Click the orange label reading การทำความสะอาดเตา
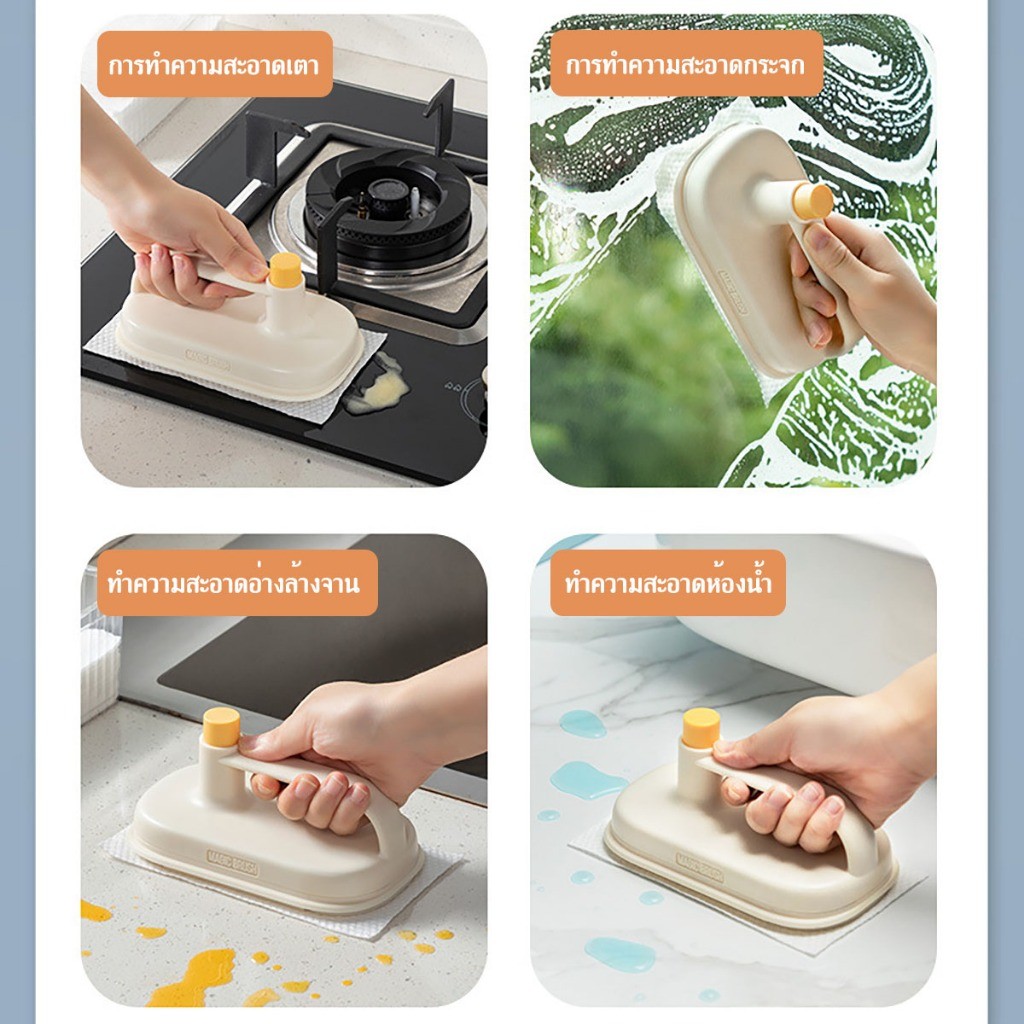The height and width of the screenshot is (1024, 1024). (215, 64)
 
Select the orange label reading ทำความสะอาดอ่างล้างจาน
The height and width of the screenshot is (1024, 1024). (237, 583)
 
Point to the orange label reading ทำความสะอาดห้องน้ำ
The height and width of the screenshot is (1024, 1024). (667, 583)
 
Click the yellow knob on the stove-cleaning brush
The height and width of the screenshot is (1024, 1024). (285, 270)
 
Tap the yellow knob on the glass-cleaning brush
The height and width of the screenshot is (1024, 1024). (812, 201)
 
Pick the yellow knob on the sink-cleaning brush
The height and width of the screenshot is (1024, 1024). (221, 727)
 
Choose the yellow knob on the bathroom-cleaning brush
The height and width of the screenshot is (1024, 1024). (701, 728)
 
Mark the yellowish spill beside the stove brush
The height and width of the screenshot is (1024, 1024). (377, 387)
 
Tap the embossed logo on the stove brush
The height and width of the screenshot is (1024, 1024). (208, 360)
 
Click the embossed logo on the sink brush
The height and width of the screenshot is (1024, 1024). (232, 863)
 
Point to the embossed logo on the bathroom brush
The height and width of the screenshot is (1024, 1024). (699, 866)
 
